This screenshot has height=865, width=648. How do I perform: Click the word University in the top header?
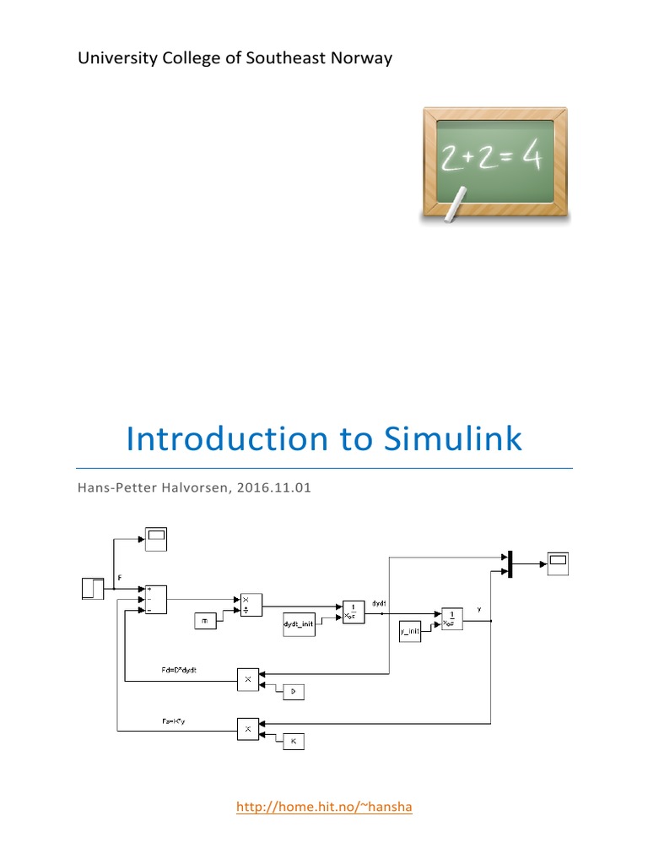(113, 58)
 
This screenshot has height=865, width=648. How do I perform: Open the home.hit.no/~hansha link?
(324, 807)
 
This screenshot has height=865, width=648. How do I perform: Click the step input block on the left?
(92, 586)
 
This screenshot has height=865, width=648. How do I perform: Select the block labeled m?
(205, 622)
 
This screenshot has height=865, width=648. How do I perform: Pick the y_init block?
(410, 631)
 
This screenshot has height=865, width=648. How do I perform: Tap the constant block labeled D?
(293, 692)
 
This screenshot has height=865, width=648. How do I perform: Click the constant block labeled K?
(293, 741)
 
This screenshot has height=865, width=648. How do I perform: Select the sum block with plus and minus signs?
(156, 598)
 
